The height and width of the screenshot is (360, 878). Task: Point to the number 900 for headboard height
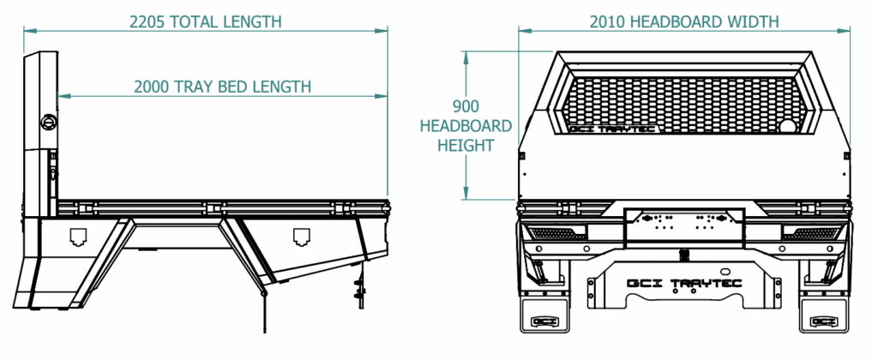click(x=466, y=106)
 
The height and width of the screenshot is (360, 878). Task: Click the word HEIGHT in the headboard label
click(x=466, y=146)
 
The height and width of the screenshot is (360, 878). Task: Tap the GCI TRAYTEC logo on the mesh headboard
click(x=613, y=129)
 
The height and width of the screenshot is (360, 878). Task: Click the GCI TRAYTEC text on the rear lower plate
click(x=684, y=283)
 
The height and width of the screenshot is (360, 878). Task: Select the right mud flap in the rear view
click(x=824, y=315)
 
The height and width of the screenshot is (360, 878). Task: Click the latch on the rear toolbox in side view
click(x=301, y=238)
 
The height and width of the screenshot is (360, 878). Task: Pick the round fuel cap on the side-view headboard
click(x=49, y=122)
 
